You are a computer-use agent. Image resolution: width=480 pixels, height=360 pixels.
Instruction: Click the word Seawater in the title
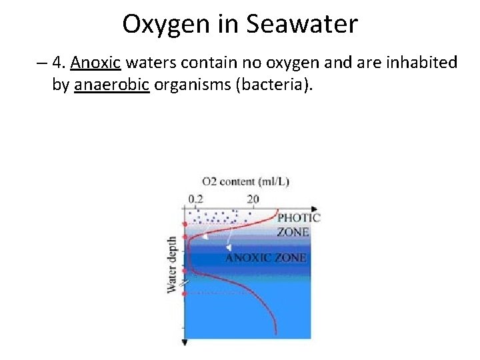pyautogui.click(x=302, y=25)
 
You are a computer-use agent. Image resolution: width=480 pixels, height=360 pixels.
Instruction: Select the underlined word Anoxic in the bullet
pyautogui.click(x=95, y=63)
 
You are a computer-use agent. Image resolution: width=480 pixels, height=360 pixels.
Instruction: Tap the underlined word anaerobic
pyautogui.click(x=111, y=85)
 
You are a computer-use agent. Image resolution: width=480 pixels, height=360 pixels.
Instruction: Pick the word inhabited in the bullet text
pyautogui.click(x=425, y=63)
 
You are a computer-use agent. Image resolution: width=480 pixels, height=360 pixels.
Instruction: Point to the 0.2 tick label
pyautogui.click(x=197, y=199)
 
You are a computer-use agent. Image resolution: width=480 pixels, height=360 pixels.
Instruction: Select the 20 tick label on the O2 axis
pyautogui.click(x=252, y=199)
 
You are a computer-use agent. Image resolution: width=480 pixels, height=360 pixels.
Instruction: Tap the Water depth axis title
pyautogui.click(x=172, y=263)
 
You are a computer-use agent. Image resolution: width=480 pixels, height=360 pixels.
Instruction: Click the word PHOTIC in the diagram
pyautogui.click(x=299, y=217)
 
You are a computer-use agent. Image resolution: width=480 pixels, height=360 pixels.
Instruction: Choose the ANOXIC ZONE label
pyautogui.click(x=265, y=257)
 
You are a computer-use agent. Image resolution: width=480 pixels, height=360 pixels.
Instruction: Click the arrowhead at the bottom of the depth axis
pyautogui.click(x=185, y=342)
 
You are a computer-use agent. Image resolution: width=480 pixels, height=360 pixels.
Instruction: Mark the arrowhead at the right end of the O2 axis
pyautogui.click(x=313, y=209)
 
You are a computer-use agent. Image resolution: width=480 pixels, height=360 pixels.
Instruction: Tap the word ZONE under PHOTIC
pyautogui.click(x=293, y=232)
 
